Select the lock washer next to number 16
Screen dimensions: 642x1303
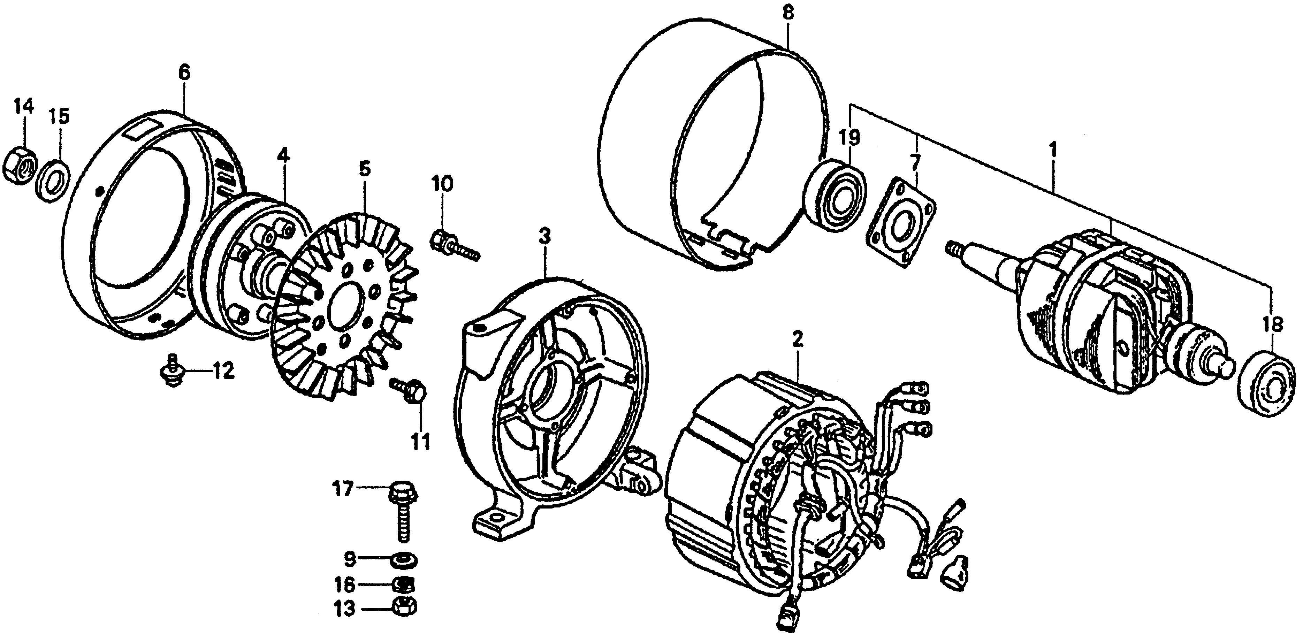click(404, 585)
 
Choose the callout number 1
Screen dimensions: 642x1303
click(1054, 150)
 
